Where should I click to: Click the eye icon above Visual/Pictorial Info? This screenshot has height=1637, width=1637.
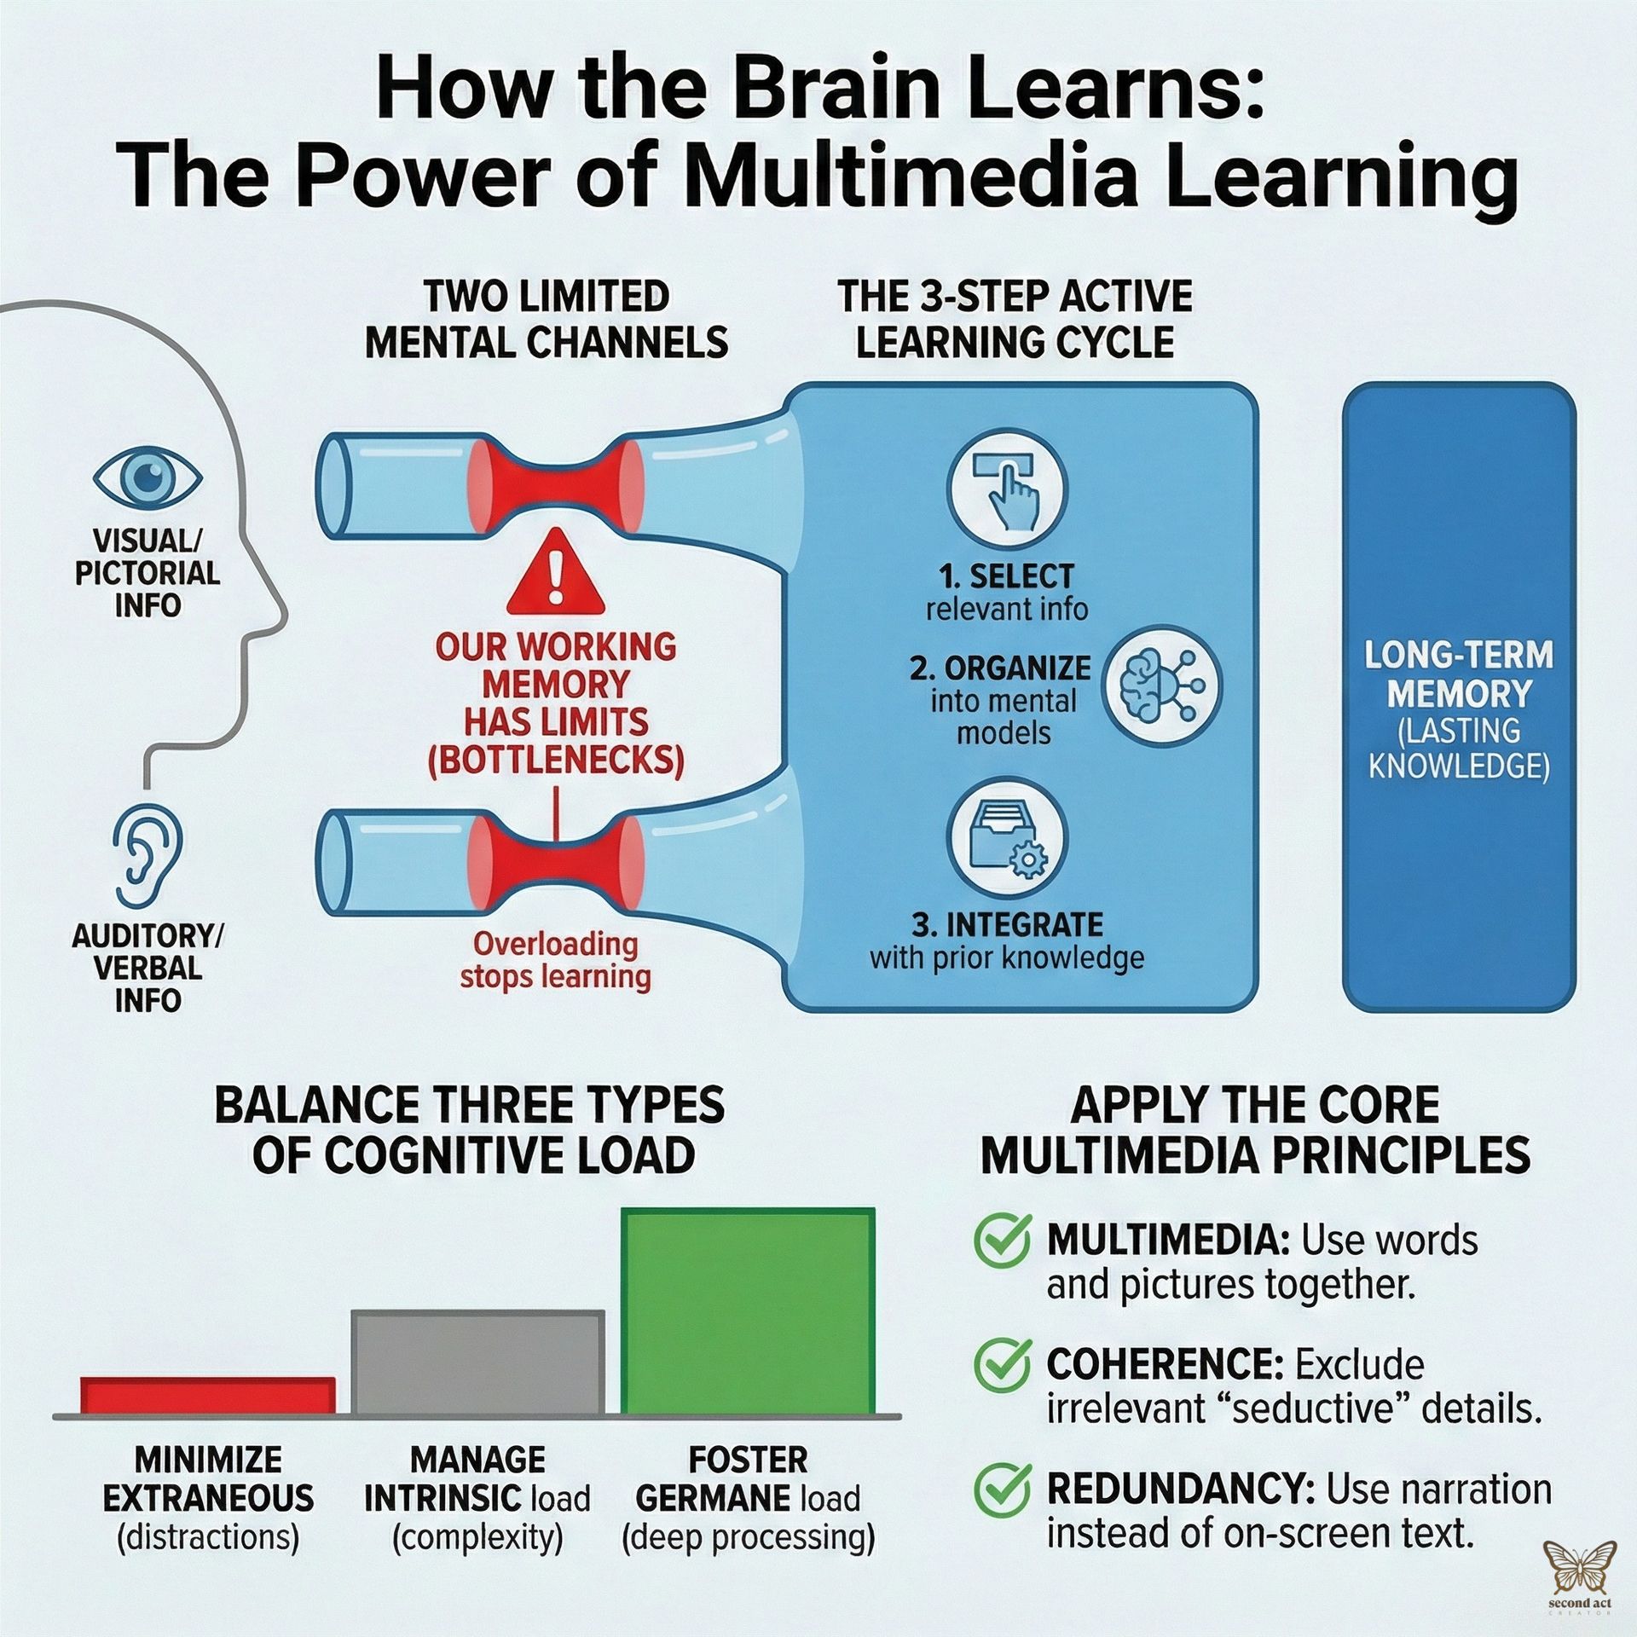coord(148,477)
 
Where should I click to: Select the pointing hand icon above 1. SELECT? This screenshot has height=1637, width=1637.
coord(1007,490)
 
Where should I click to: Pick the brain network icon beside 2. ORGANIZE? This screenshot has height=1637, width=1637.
coord(1160,685)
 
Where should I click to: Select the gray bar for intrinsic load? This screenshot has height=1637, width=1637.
coord(477,1362)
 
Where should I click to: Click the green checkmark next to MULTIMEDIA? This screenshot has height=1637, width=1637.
coord(1002,1241)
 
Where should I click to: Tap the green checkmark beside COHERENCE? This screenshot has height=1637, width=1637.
coord(1002,1365)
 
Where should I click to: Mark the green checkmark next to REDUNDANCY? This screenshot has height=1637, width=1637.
coord(1002,1489)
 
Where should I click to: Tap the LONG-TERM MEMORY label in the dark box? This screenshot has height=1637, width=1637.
coord(1458,674)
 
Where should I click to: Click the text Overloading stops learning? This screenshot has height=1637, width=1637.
coord(555,960)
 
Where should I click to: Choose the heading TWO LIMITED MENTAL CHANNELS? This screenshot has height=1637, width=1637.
coord(547,320)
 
